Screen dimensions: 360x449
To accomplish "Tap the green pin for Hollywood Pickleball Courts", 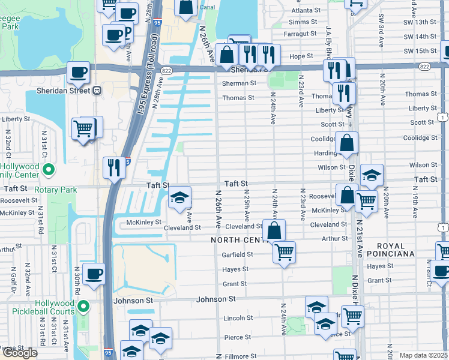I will click(84, 307).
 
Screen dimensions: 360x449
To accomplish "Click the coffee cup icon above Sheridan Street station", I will click(78, 73).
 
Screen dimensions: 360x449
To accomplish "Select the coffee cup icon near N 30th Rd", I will click(93, 274).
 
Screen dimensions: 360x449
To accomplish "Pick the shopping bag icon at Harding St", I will click(347, 143).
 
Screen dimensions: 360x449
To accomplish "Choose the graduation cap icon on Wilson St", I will click(372, 175).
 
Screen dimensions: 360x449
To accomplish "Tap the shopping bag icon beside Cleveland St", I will click(274, 230).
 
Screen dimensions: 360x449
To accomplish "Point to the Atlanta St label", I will click(306, 11).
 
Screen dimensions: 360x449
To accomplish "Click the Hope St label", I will click(298, 56).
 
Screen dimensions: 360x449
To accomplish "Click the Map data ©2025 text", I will click(424, 355).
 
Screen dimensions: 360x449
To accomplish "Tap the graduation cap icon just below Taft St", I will click(179, 198).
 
